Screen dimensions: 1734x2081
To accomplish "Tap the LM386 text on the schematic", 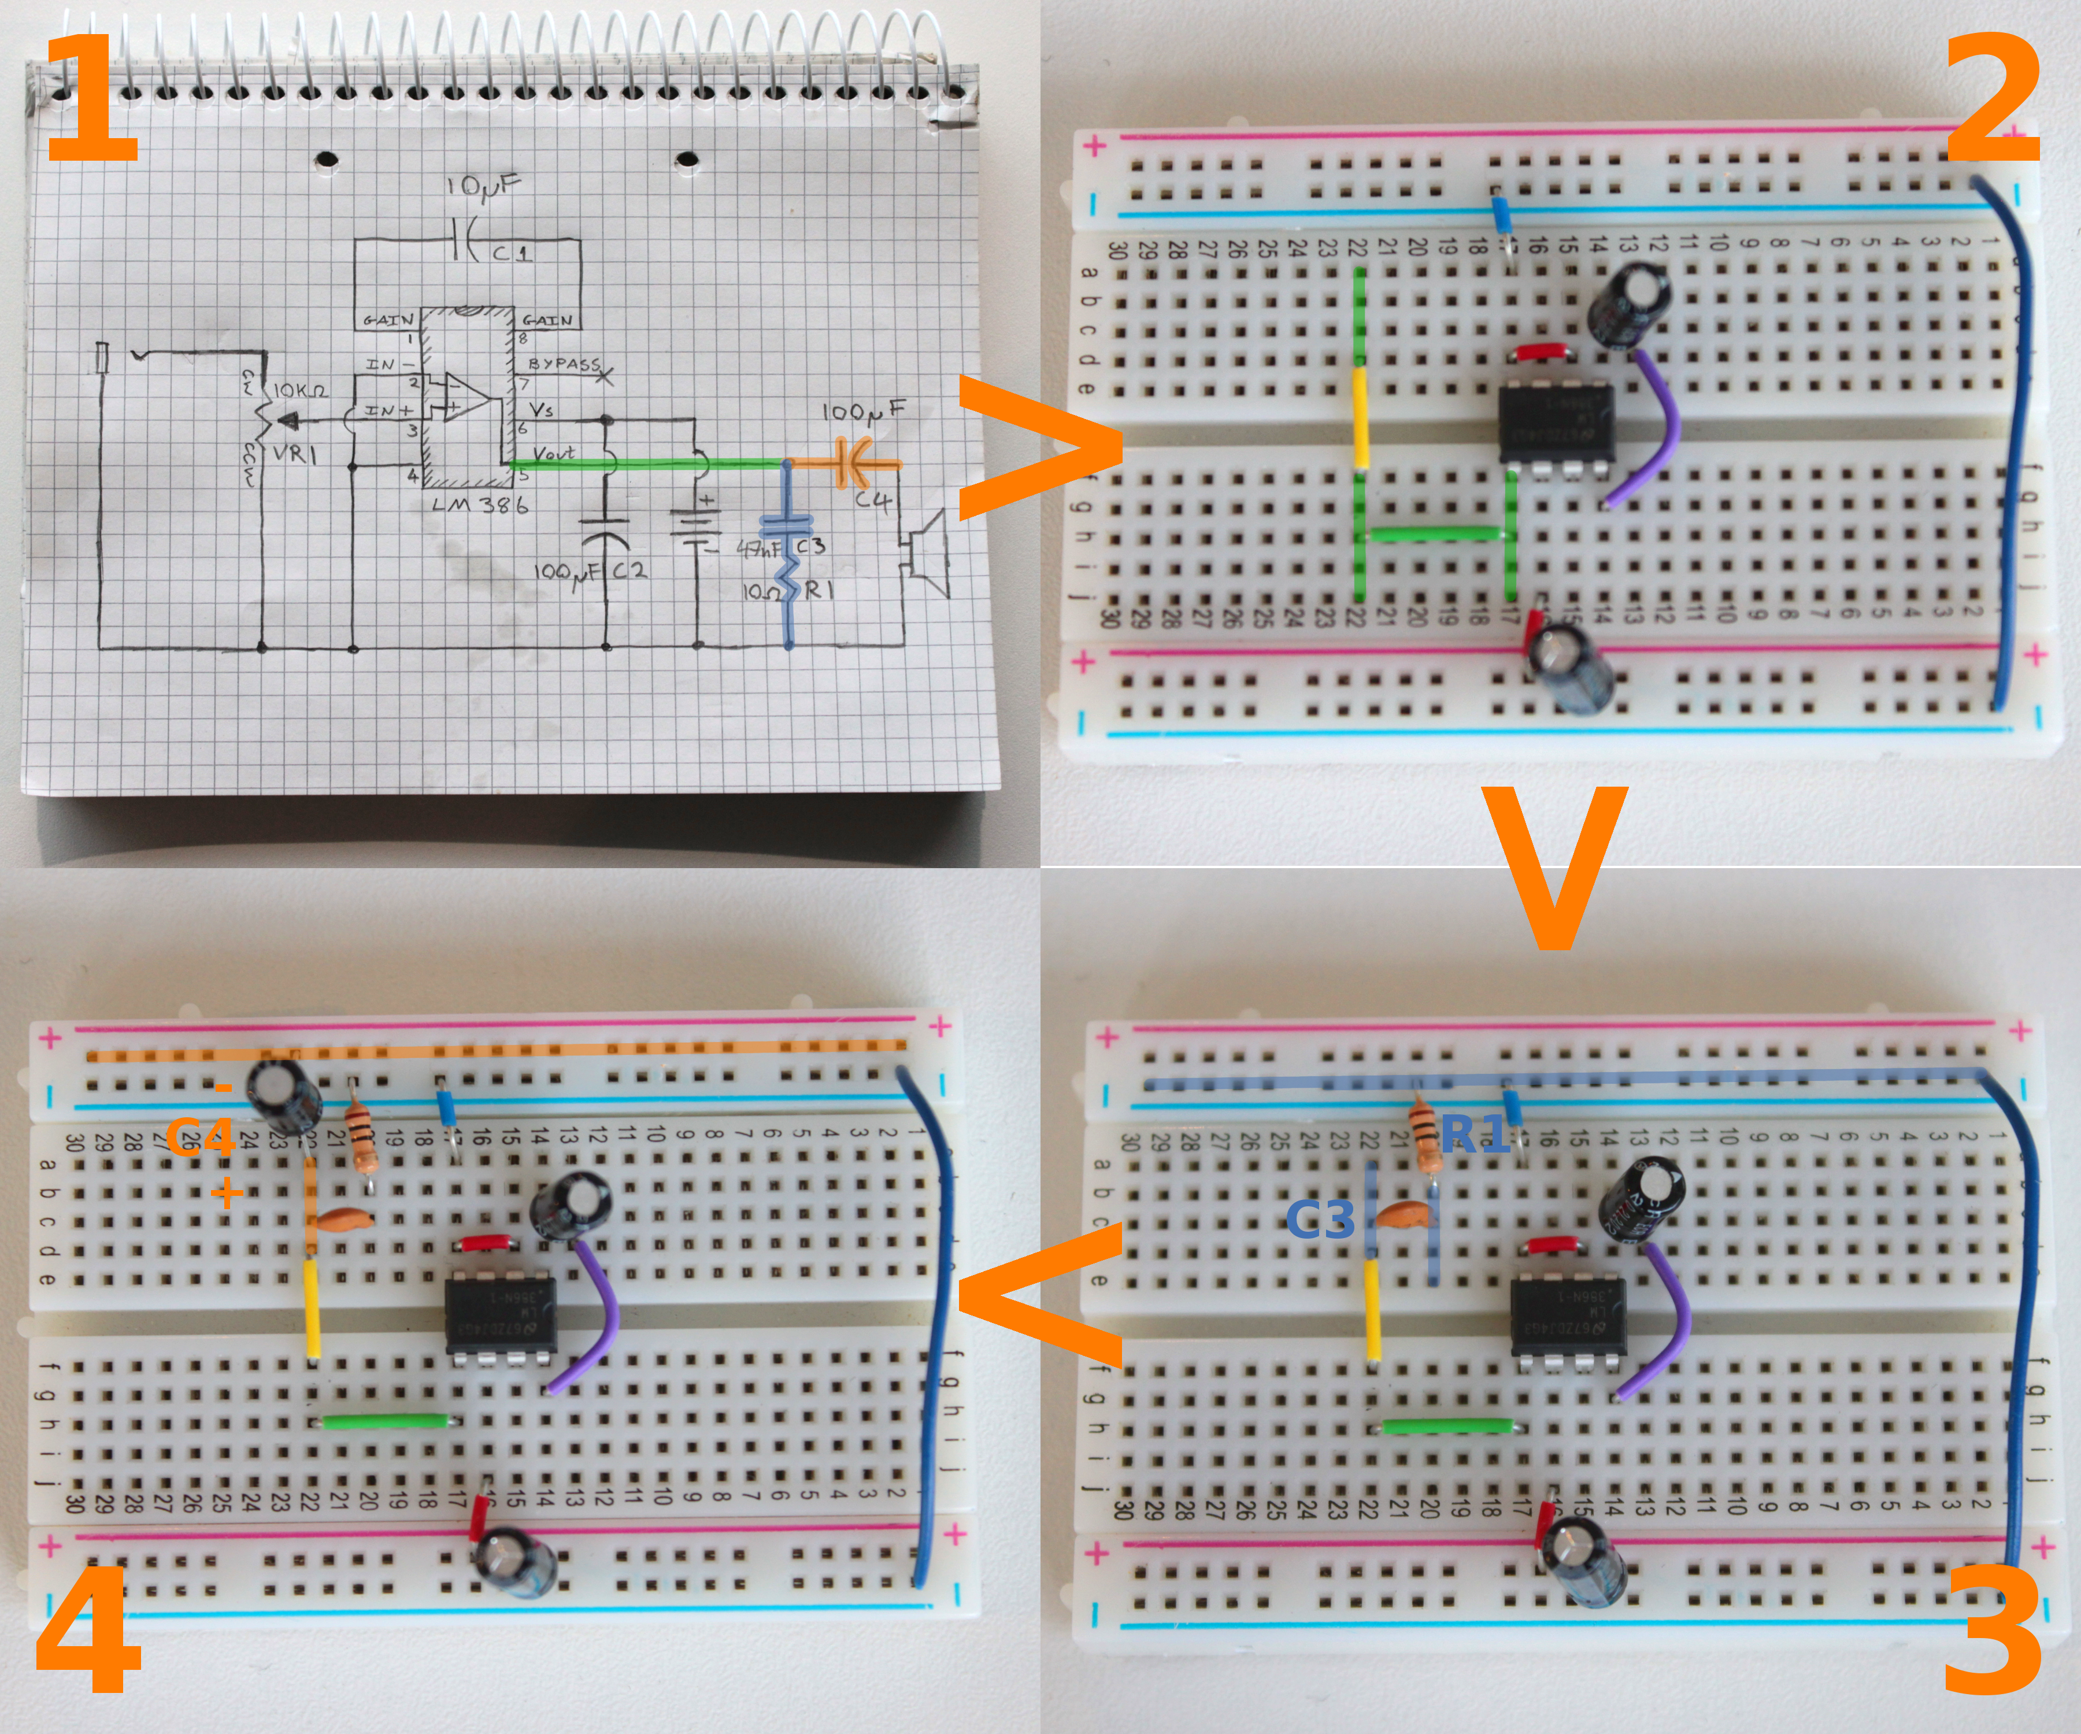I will click(480, 505).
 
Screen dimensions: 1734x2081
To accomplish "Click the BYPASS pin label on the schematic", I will click(564, 365).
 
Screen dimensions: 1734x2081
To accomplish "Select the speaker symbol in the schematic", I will click(927, 555).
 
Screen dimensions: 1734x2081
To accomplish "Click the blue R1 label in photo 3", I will click(1475, 1132).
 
